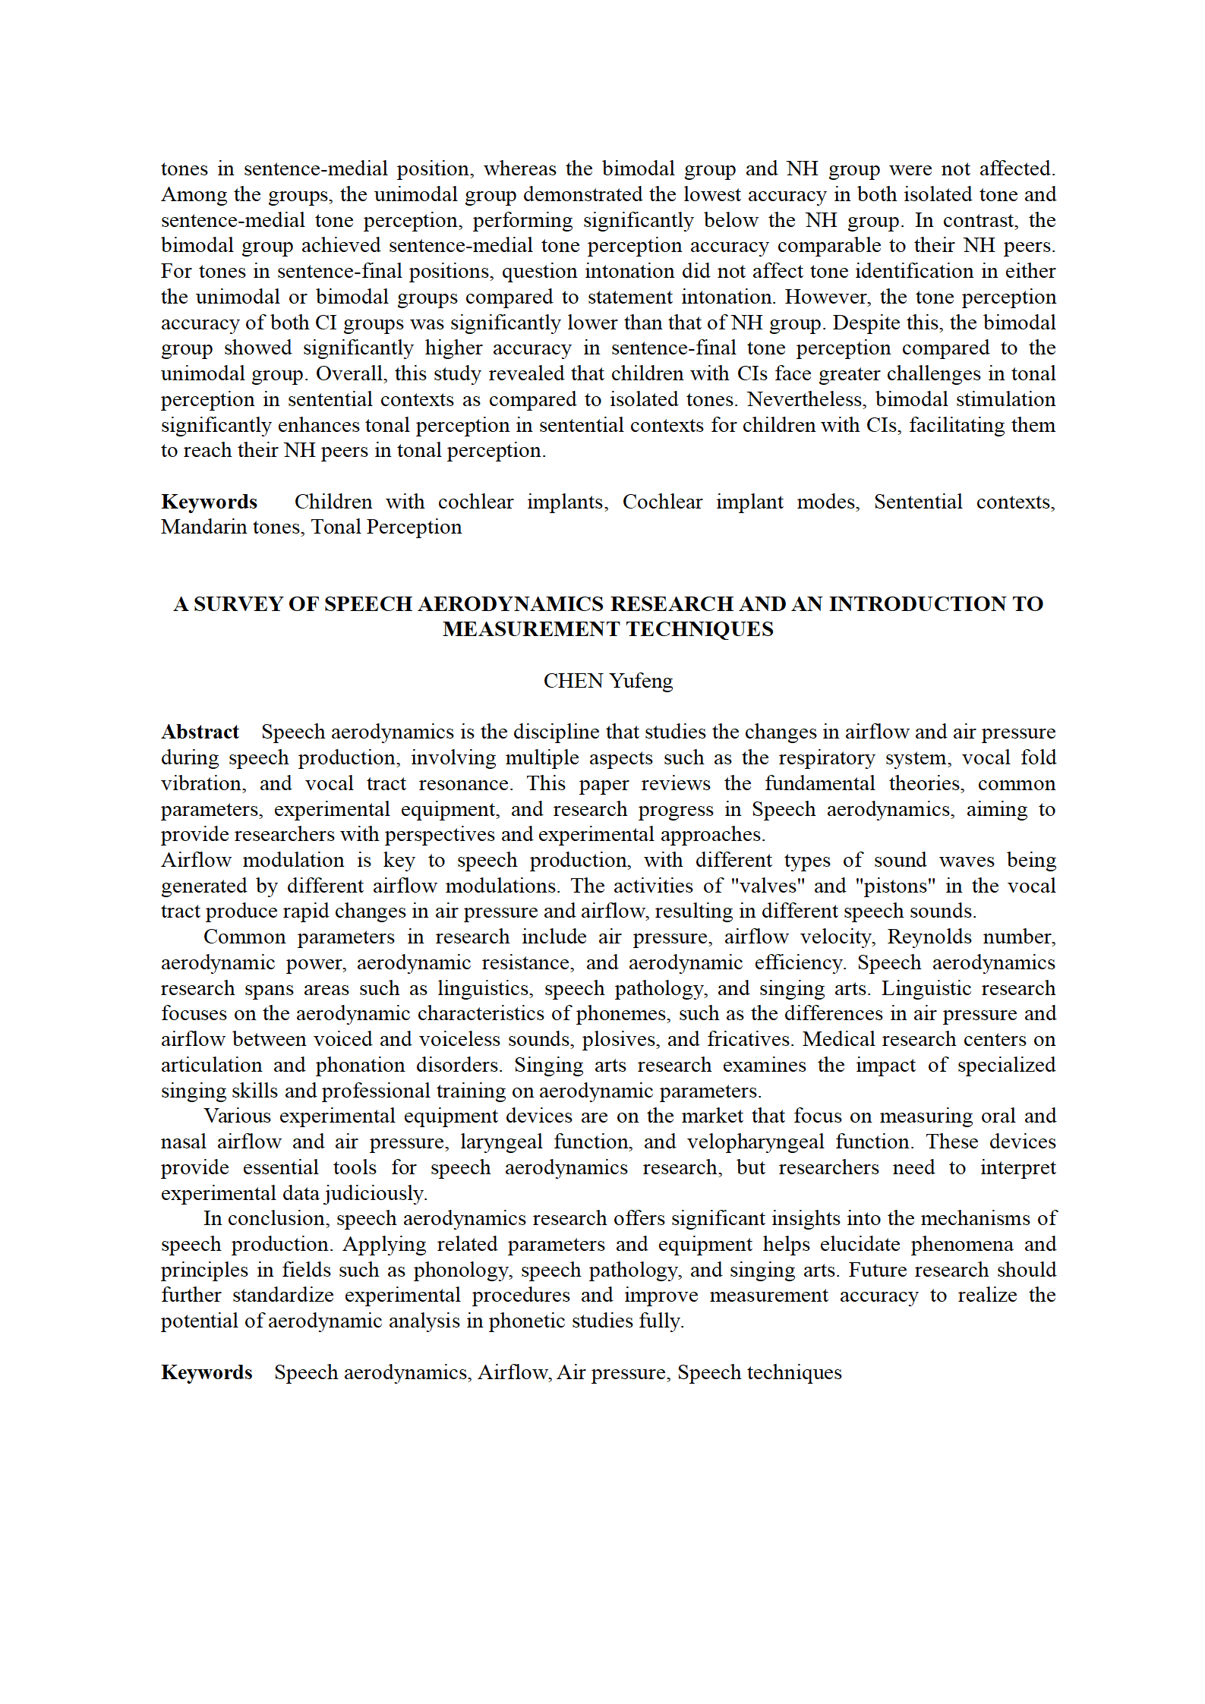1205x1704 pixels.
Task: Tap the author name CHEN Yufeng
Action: pos(607,681)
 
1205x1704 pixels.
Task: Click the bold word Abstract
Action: pos(200,732)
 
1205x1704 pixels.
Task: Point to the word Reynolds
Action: pos(927,937)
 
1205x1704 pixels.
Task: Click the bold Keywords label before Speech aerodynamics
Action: pos(207,1372)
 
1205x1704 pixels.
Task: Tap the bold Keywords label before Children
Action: pos(209,502)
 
